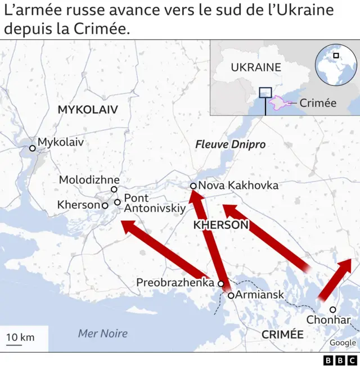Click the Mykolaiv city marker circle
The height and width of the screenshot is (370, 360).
[33, 148]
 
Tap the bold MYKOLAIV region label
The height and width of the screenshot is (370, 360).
[88, 110]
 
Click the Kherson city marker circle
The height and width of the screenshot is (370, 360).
[105, 206]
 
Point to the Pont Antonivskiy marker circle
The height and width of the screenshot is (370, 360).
[117, 202]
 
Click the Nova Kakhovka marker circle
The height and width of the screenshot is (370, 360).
[193, 186]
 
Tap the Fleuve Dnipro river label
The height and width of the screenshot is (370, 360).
[230, 145]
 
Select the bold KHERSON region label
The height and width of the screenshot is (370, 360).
[220, 225]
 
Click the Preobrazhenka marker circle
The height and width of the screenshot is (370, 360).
[220, 284]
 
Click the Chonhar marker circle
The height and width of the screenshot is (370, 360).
[332, 309]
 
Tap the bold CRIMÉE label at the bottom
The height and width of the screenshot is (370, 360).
[282, 335]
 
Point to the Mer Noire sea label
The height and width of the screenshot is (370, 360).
[102, 333]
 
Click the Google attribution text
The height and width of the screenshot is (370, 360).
[343, 343]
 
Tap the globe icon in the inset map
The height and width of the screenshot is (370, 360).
[335, 64]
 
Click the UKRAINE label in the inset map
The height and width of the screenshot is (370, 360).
[256, 67]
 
